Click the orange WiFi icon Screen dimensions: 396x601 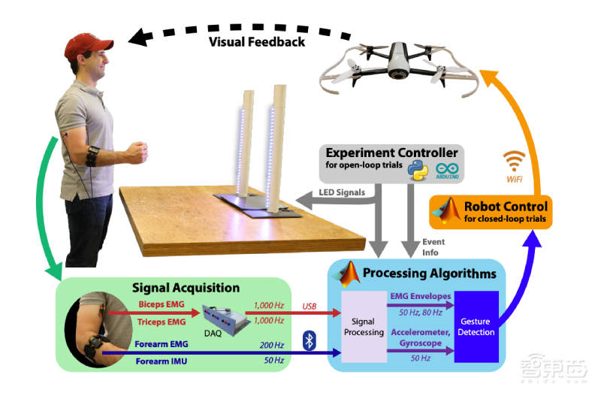tap(514, 159)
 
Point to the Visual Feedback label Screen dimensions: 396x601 tap(257, 41)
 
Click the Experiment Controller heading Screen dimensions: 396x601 tap(391, 153)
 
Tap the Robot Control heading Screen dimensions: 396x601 tap(506, 205)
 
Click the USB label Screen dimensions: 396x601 tap(310, 306)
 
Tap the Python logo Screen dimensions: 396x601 tap(416, 168)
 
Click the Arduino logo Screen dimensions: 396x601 tap(446, 169)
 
